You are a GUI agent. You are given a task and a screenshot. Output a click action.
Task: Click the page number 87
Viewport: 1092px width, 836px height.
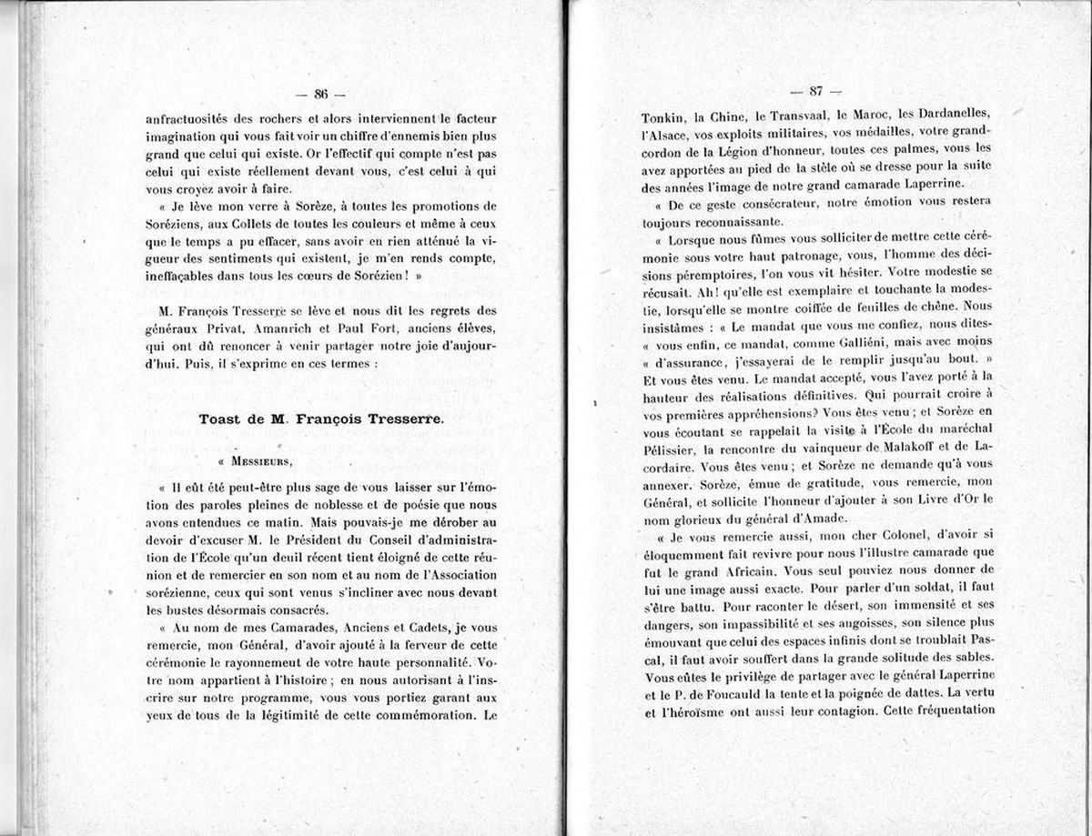[815, 90]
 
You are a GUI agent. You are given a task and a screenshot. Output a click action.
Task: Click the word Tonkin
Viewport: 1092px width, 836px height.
[662, 116]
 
